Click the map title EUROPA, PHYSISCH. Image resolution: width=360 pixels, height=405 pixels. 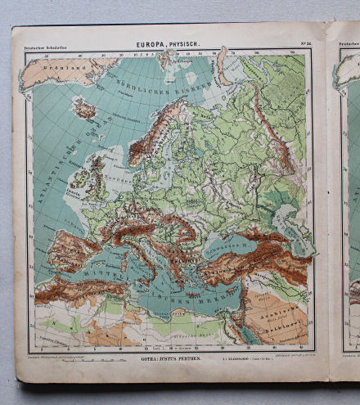click(x=167, y=47)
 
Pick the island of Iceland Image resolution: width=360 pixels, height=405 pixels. click(x=84, y=108)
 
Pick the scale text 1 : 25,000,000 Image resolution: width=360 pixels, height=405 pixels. click(x=243, y=358)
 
